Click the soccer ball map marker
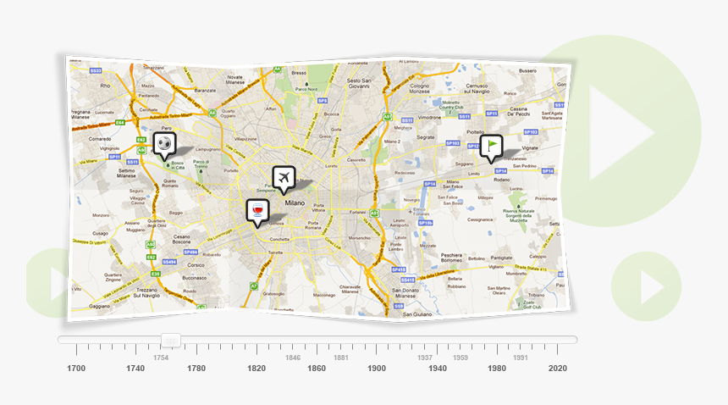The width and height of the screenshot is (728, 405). (x=164, y=145)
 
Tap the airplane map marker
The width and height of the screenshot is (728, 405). (x=284, y=178)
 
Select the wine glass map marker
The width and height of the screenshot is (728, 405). (x=256, y=211)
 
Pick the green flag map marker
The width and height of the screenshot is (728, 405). (x=491, y=147)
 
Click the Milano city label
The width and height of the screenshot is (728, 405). (x=295, y=204)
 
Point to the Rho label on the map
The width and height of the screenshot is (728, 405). (x=106, y=86)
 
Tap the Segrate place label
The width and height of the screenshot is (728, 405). (x=426, y=136)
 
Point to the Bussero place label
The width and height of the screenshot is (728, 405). (x=527, y=71)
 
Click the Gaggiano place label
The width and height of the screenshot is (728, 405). (x=100, y=306)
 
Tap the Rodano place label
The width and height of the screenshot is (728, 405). (x=501, y=179)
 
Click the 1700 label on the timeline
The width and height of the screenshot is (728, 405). (x=76, y=369)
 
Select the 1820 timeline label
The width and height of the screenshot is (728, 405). (x=256, y=369)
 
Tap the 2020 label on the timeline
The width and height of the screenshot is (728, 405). (x=557, y=369)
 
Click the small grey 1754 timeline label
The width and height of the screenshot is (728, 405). (x=160, y=358)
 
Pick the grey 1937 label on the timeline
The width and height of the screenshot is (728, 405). (x=424, y=358)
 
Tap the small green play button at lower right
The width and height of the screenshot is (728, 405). (x=646, y=286)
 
